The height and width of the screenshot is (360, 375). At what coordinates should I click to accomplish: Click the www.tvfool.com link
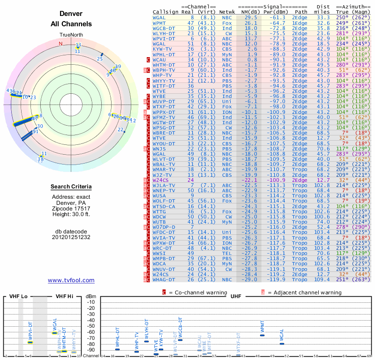(71, 280)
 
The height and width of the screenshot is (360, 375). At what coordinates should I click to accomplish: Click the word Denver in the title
(71, 14)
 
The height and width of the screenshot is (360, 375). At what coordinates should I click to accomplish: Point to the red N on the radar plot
(60, 44)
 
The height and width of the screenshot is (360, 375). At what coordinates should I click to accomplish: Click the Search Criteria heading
(71, 187)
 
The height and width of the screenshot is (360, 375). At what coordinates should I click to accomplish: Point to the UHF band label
(236, 297)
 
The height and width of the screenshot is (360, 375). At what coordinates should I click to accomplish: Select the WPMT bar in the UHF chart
(262, 335)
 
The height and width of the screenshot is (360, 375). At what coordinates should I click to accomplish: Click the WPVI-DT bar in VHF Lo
(30, 342)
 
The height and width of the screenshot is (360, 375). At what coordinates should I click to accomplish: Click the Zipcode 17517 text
(71, 208)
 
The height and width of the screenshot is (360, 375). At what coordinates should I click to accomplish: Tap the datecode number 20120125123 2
(71, 237)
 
